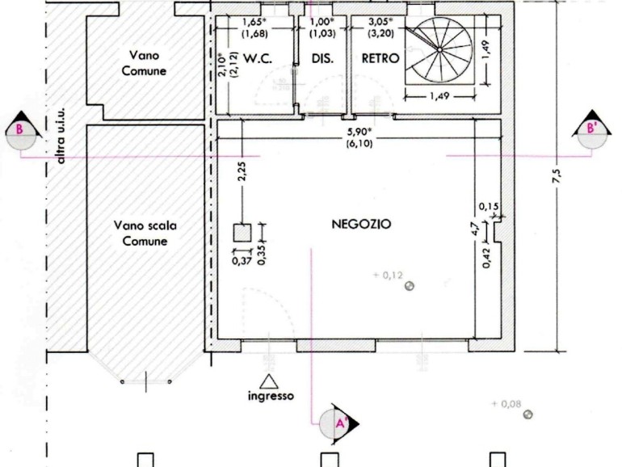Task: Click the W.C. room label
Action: (258, 59)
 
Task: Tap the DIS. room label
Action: (322, 59)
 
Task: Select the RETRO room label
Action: (380, 59)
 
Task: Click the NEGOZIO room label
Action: (361, 224)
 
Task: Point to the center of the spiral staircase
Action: (439, 49)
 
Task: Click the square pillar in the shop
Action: (242, 233)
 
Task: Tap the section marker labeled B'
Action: (592, 130)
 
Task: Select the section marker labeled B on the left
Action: (21, 130)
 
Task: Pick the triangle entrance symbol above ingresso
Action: (269, 381)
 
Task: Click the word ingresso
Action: (271, 396)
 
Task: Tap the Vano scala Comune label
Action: (145, 234)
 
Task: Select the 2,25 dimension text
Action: (242, 171)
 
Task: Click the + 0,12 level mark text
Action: (388, 275)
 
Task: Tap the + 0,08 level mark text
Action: (506, 404)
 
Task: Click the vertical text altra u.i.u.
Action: (61, 136)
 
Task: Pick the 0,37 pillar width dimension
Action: (242, 261)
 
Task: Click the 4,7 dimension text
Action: (478, 229)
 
